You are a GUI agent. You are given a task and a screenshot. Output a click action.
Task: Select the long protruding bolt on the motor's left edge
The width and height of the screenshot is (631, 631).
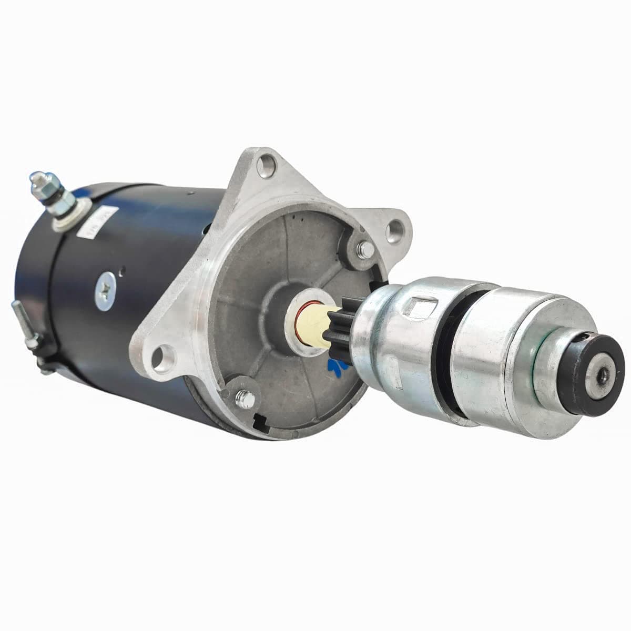pos(21,318)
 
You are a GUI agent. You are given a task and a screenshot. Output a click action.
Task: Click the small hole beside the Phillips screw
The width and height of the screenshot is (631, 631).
pos(122,272)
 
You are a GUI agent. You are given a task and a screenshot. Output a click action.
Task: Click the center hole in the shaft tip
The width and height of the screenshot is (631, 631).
pos(602,375)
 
